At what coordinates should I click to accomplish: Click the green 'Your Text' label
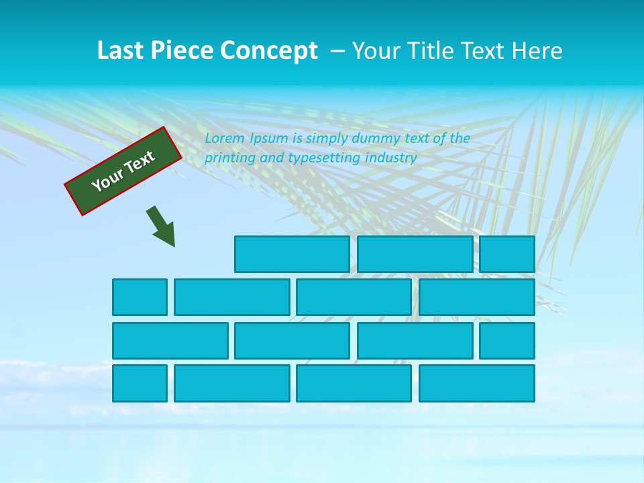[x=123, y=170]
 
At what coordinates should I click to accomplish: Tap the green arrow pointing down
[x=161, y=227]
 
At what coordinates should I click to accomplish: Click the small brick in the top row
[x=506, y=254]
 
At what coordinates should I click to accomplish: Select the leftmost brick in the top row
[x=292, y=254]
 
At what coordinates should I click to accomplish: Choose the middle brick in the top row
[x=415, y=254]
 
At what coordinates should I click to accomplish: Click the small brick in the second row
[x=140, y=297]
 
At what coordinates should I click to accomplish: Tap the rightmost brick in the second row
[x=476, y=297]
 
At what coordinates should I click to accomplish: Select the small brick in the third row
[x=506, y=340]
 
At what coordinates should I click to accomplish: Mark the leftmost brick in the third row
[x=170, y=340]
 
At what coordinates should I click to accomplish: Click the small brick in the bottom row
[x=140, y=383]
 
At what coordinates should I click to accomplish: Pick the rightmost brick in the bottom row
[x=476, y=383]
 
